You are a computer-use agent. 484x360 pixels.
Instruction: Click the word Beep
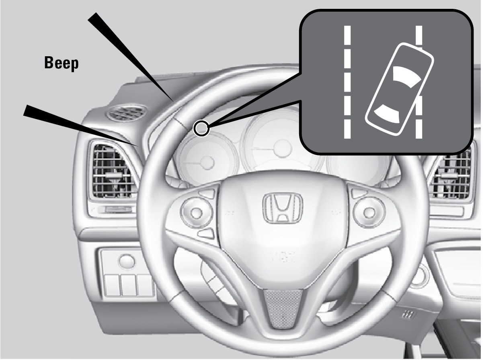62,63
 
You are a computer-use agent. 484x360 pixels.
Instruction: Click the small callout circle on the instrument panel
201,129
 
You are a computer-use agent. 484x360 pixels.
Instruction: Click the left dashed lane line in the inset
347,82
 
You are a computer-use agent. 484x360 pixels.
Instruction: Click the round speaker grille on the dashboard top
126,112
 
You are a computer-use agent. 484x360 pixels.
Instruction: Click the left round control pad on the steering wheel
197,213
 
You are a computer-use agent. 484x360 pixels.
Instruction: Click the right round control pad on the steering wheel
369,213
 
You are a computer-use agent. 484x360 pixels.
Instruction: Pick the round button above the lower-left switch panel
127,261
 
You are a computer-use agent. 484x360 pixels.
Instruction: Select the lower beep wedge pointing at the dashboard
81,125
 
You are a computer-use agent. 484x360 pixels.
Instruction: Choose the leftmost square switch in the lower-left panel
112,285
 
